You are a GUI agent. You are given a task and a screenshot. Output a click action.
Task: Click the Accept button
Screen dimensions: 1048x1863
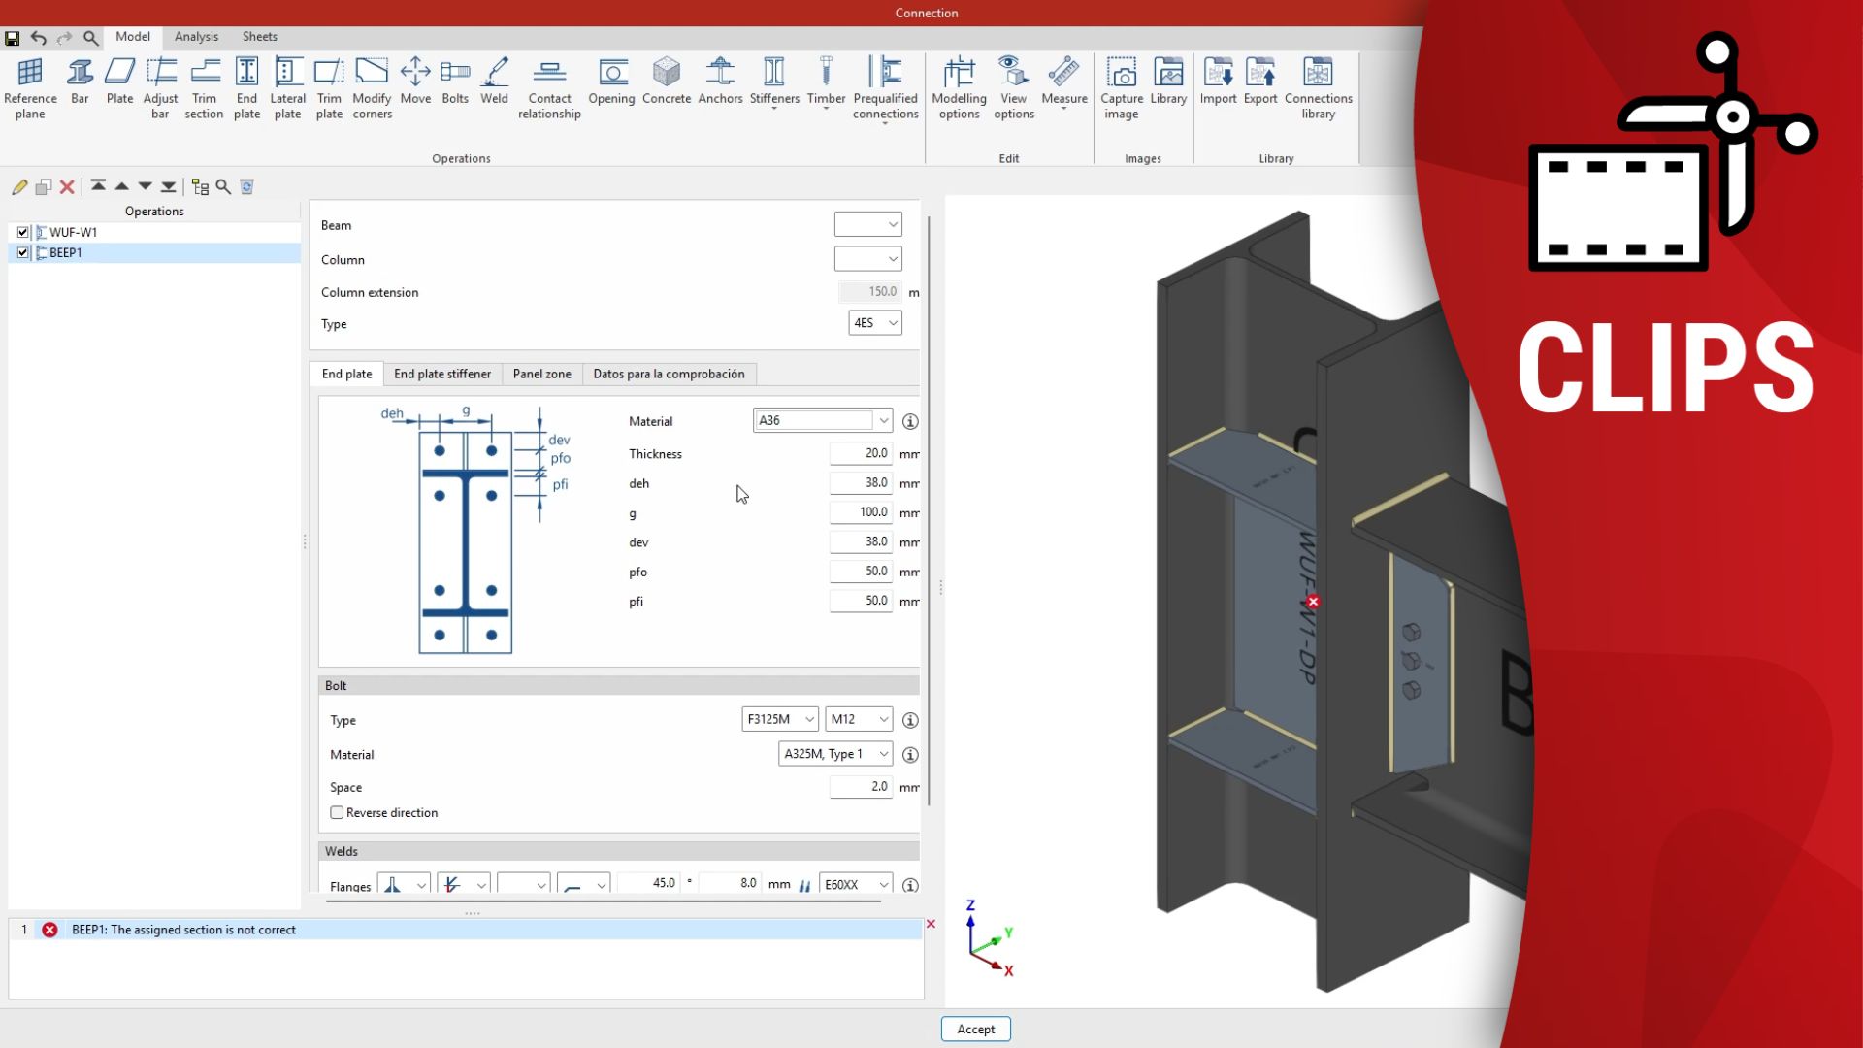tap(975, 1029)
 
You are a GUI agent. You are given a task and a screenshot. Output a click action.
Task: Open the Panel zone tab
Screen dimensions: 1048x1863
tap(541, 374)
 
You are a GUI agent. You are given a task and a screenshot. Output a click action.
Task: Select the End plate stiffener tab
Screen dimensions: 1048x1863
tap(441, 374)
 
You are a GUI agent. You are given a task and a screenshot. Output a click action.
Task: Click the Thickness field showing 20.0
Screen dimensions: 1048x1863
tap(860, 453)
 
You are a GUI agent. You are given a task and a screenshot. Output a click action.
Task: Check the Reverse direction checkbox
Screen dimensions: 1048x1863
tap(337, 813)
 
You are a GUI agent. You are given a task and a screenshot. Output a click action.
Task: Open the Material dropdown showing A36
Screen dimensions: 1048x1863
tap(822, 420)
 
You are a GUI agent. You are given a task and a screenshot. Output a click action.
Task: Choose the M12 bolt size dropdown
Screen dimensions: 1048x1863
tap(858, 719)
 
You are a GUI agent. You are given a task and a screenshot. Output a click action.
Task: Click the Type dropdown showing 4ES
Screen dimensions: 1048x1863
tap(874, 323)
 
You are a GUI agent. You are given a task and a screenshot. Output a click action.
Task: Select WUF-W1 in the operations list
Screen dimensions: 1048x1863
tap(73, 232)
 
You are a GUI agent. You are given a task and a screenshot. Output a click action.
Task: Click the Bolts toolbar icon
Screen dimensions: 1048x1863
tap(454, 82)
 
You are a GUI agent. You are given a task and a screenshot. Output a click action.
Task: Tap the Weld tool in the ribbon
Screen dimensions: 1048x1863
tap(494, 82)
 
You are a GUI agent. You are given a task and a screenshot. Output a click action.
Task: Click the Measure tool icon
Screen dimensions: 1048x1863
tap(1063, 82)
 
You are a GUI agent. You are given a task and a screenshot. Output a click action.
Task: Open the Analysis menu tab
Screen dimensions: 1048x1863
tap(196, 36)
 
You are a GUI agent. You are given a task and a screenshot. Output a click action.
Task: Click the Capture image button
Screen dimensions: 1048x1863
tap(1121, 87)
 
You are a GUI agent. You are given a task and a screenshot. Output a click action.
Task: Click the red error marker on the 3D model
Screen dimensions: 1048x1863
tap(1313, 602)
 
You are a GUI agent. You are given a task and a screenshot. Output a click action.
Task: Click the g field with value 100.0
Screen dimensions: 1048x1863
tap(860, 512)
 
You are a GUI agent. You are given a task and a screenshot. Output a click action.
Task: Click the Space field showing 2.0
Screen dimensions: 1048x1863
tap(860, 787)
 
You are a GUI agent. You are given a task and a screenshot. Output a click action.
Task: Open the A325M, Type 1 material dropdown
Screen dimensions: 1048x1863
tap(834, 754)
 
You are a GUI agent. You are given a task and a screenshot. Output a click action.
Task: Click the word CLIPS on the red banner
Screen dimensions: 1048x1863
tap(1665, 369)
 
